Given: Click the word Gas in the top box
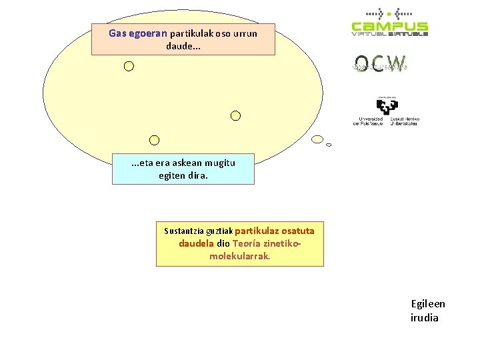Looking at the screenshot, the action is tap(117, 33).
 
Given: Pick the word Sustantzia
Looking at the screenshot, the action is tap(185, 231).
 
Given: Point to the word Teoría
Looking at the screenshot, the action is tap(249, 243).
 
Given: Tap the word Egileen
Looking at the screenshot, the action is tap(428, 304).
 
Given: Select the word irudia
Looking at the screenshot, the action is tap(425, 317).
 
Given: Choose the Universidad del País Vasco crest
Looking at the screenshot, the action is tap(387, 107).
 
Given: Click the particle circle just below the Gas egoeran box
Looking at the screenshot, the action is tap(129, 66).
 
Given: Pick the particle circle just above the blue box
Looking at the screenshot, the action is tap(154, 140).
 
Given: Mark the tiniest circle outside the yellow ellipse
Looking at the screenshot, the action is tap(329, 145).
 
